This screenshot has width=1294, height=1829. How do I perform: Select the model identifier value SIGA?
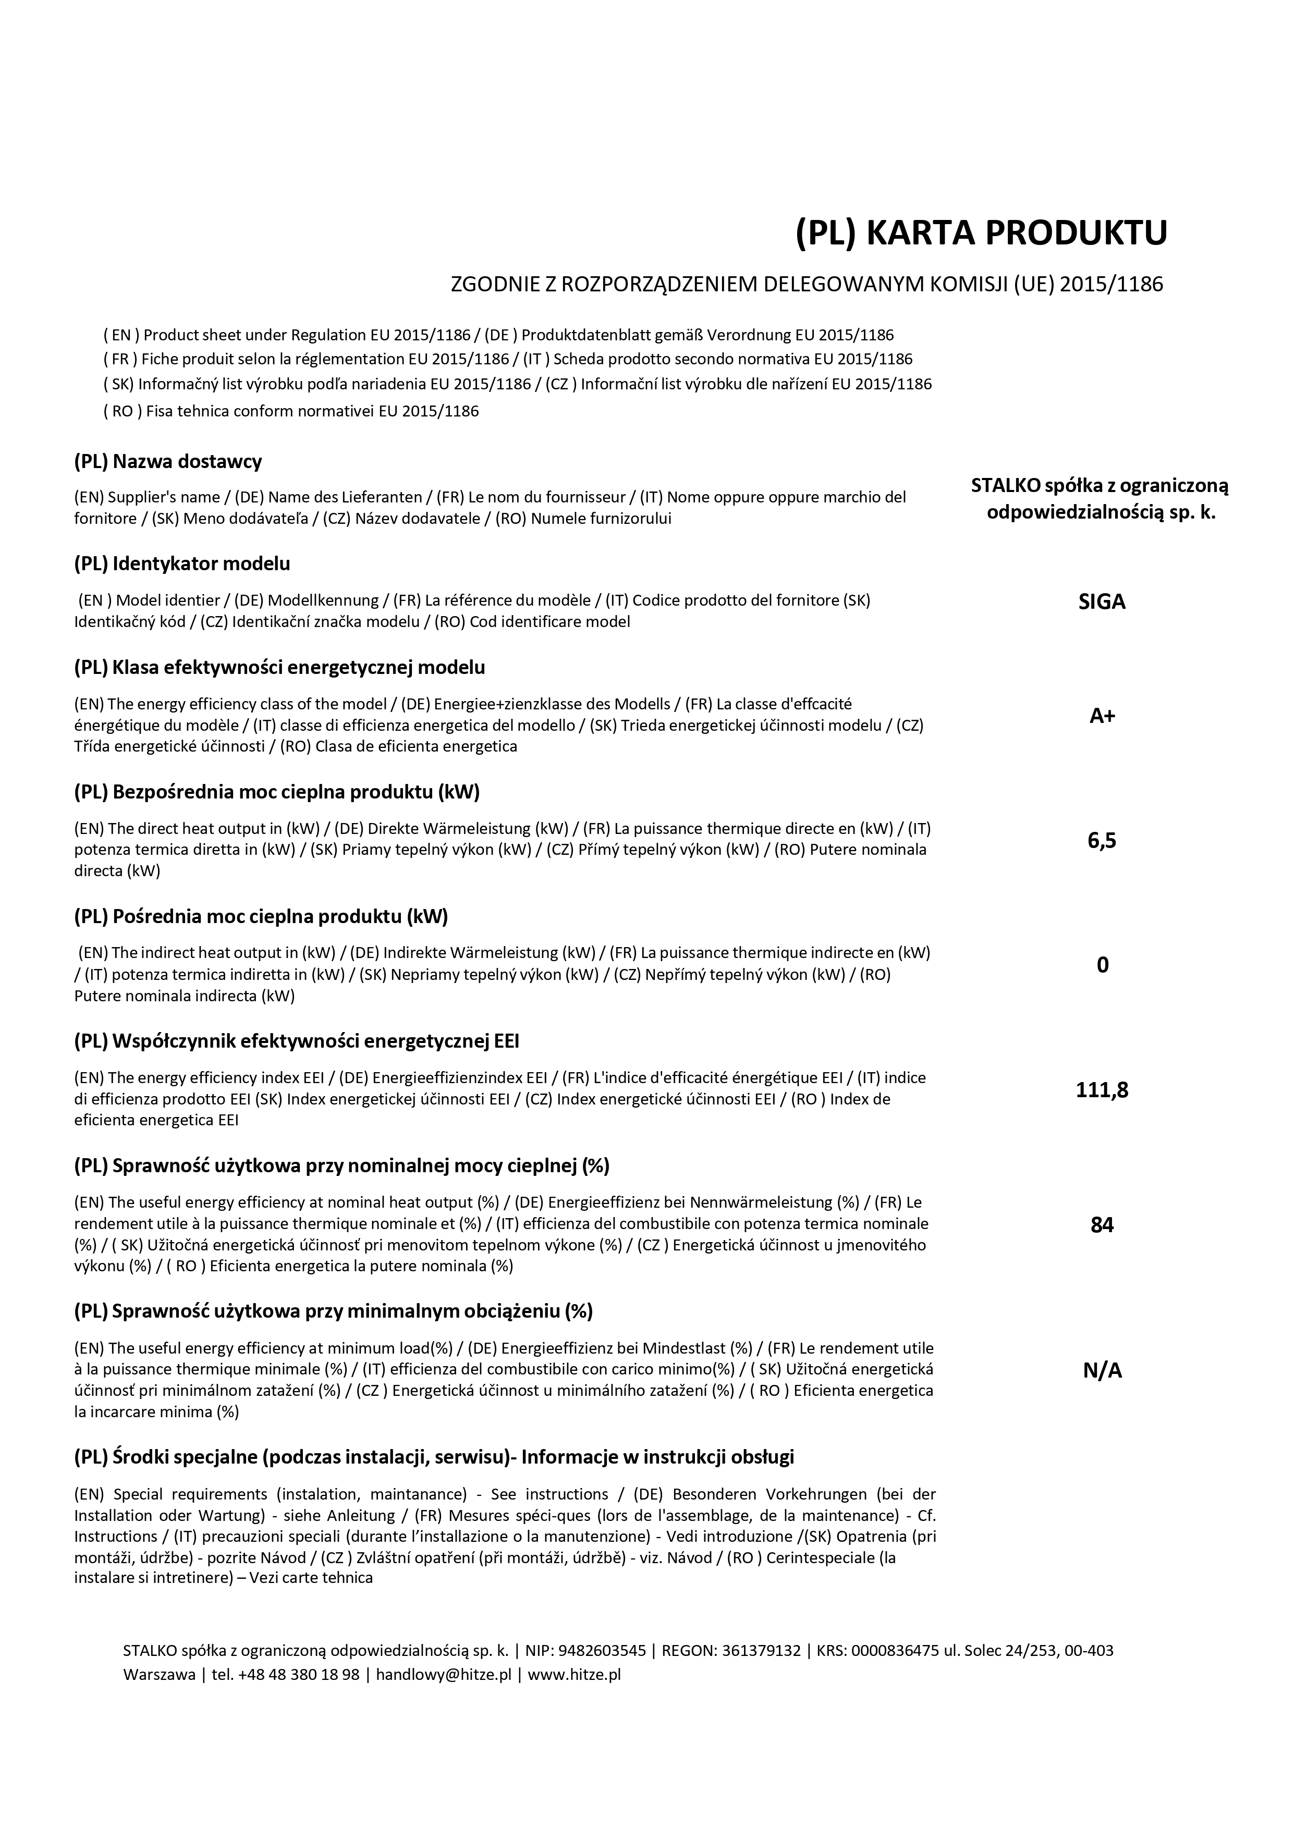tap(1102, 602)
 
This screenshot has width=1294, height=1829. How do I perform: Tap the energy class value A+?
tap(1102, 715)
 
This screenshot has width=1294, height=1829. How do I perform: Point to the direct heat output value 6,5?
tap(1102, 840)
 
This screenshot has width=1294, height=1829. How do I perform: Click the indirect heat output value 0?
tap(1102, 965)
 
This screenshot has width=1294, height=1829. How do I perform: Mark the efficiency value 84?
tap(1102, 1224)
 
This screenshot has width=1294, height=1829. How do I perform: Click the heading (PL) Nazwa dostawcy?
tap(168, 461)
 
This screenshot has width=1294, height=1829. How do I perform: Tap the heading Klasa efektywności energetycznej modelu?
tap(279, 667)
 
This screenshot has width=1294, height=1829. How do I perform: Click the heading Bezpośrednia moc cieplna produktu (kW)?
tap(277, 792)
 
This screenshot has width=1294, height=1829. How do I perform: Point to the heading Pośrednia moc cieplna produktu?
tap(261, 917)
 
